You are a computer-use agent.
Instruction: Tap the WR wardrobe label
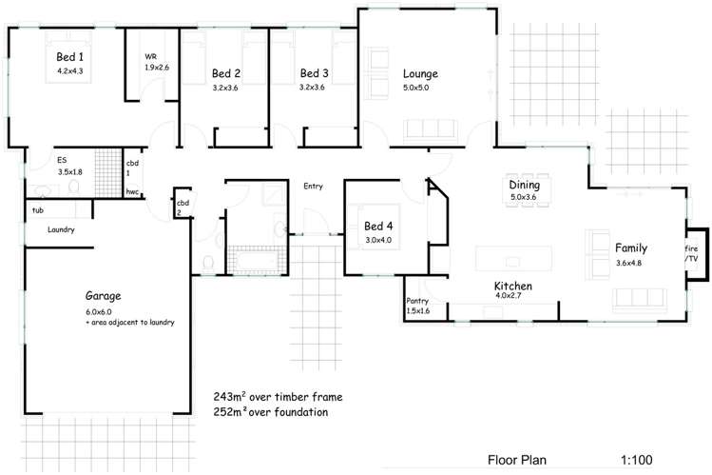tap(150, 56)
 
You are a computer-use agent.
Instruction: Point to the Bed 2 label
tap(225, 73)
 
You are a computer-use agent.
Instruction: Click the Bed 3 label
tap(314, 73)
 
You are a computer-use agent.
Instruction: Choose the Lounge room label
tap(419, 73)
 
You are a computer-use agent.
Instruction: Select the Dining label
tap(524, 185)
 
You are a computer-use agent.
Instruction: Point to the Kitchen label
tap(511, 286)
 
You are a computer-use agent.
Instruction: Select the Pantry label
tap(418, 300)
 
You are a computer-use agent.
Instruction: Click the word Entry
tap(313, 186)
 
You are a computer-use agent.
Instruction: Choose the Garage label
tap(102, 296)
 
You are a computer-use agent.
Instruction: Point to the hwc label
tap(132, 191)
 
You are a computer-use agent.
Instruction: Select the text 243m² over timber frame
tap(278, 395)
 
